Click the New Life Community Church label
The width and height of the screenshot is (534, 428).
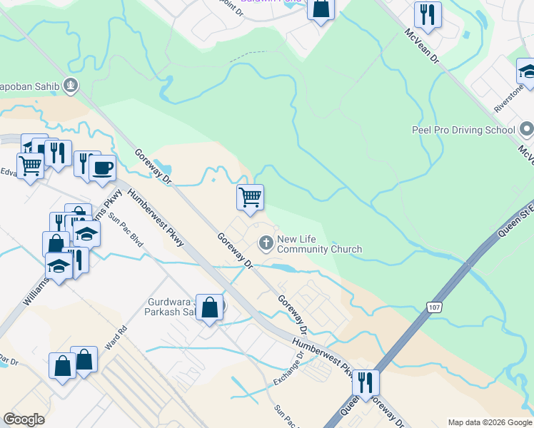coord(319,245)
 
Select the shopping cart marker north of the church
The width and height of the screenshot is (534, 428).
coord(250,198)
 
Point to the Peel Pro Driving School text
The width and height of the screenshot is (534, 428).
coord(463,130)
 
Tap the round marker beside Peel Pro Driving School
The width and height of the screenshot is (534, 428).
coord(527,130)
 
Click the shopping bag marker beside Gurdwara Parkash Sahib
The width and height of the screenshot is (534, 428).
coord(209,308)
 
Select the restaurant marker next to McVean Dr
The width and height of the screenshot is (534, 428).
coord(428,15)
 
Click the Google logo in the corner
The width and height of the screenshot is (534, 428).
coord(24,419)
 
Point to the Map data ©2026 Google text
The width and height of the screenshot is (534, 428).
coord(489,422)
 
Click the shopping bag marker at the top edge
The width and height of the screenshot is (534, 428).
coord(321,9)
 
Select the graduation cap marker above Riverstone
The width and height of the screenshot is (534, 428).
coord(528,71)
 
